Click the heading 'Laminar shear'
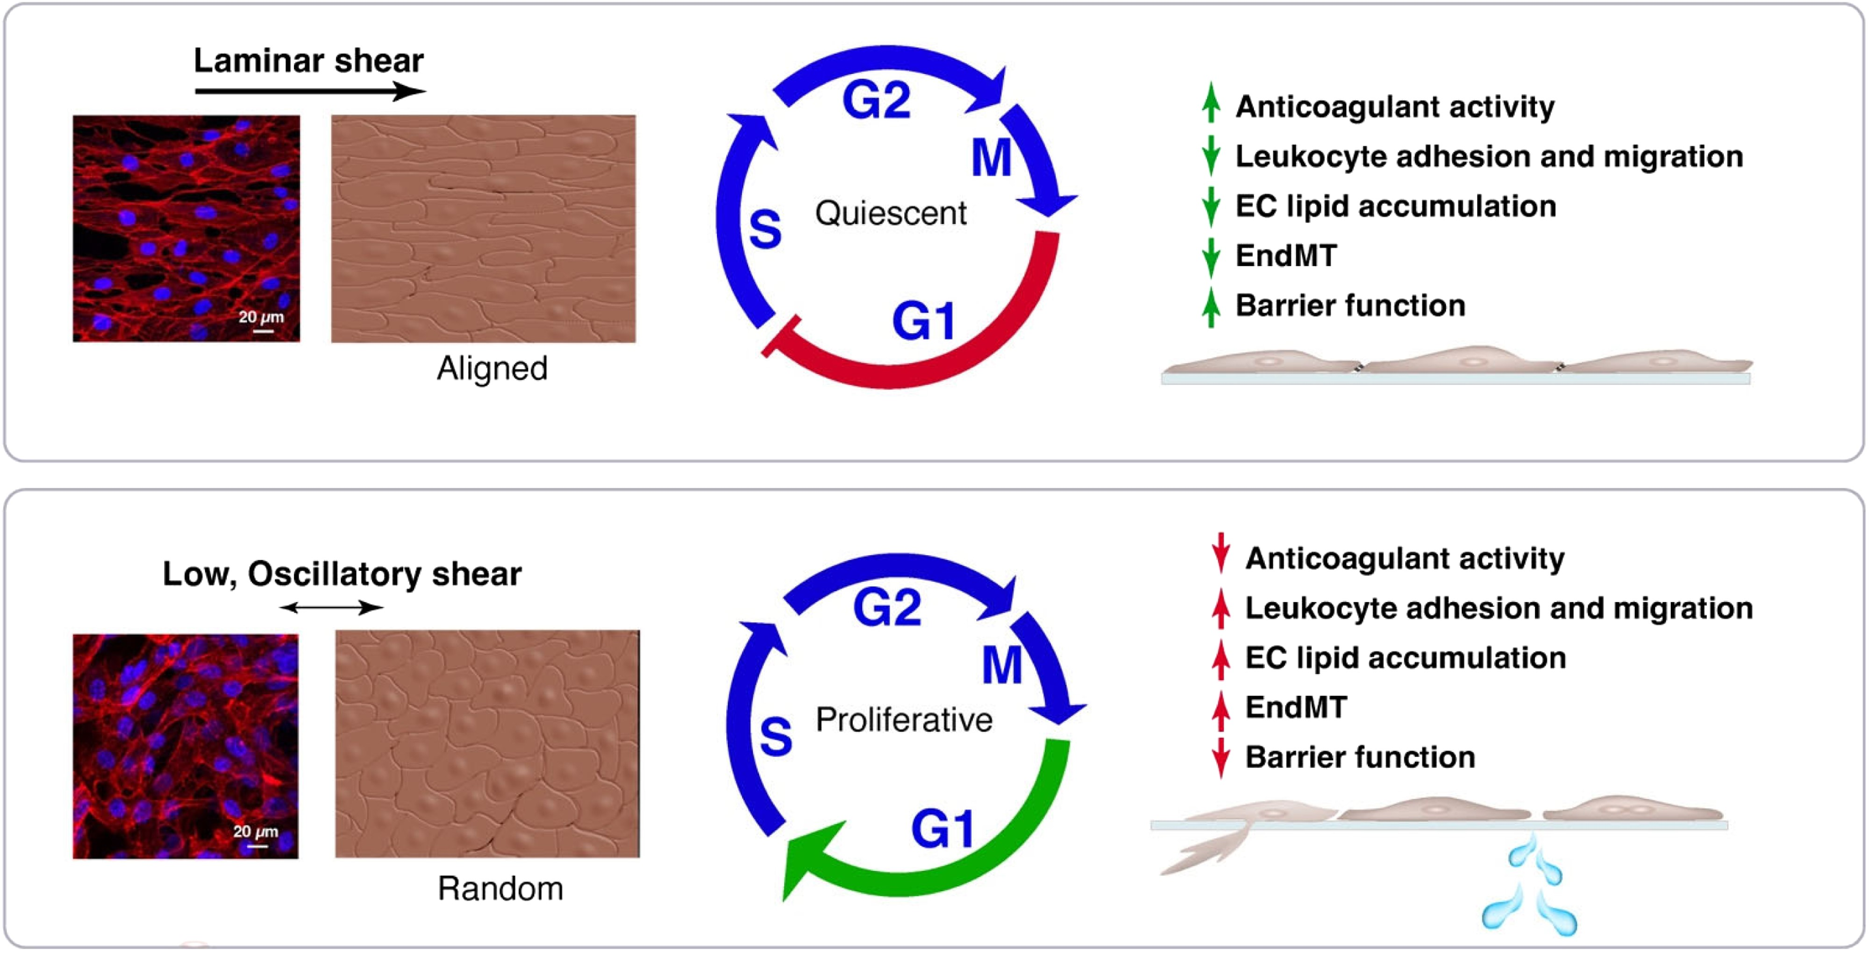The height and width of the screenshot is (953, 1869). (308, 60)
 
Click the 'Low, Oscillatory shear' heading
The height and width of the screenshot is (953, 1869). (342, 575)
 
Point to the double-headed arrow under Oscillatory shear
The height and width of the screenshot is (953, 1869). (332, 607)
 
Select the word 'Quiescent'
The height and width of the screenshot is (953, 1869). (890, 213)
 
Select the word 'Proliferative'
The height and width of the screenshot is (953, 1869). (904, 720)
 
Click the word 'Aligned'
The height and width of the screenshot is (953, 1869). (492, 369)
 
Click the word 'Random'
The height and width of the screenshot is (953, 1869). (500, 889)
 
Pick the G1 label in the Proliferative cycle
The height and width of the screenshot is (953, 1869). (942, 829)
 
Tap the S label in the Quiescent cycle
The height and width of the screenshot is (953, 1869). (765, 229)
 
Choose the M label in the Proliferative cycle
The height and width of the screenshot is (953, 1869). (1002, 665)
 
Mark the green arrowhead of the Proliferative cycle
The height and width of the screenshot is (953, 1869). (813, 860)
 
